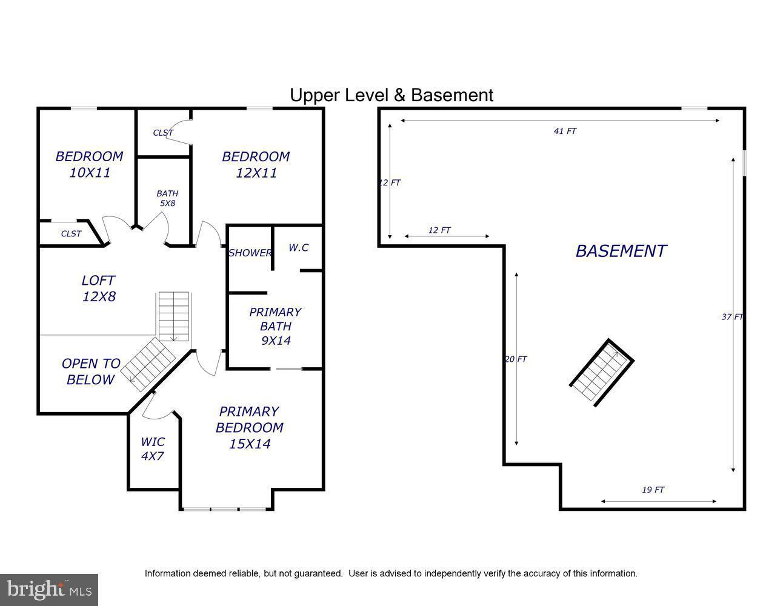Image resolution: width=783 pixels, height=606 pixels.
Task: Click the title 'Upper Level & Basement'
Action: pyautogui.click(x=391, y=95)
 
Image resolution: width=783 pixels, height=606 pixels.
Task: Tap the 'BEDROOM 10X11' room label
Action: pyautogui.click(x=89, y=164)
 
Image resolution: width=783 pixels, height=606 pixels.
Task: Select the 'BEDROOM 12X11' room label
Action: pyautogui.click(x=256, y=164)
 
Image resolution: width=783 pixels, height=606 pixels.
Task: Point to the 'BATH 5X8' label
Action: pyautogui.click(x=167, y=198)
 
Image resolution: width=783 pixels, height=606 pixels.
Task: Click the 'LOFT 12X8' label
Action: pyautogui.click(x=98, y=288)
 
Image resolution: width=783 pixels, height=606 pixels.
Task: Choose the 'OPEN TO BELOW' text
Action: pyautogui.click(x=91, y=371)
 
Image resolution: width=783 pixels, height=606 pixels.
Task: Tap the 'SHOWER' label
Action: pyautogui.click(x=250, y=253)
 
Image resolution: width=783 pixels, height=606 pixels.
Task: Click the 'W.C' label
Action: pyautogui.click(x=298, y=247)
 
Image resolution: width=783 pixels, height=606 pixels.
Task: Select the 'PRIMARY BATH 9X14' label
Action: pyautogui.click(x=275, y=326)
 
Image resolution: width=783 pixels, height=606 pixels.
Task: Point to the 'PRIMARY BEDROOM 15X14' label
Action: pyautogui.click(x=249, y=427)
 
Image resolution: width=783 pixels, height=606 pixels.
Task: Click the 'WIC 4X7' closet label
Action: pyautogui.click(x=152, y=449)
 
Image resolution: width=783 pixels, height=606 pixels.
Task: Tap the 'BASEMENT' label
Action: pyautogui.click(x=621, y=251)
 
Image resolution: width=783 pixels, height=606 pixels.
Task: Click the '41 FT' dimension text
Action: pyautogui.click(x=565, y=131)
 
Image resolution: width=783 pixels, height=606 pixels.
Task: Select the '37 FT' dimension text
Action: pyautogui.click(x=732, y=316)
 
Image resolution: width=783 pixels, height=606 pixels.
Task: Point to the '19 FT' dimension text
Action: pyautogui.click(x=653, y=490)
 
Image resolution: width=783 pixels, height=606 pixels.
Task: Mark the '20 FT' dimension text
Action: pyautogui.click(x=516, y=359)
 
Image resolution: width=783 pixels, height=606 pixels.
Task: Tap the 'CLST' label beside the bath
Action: pyautogui.click(x=163, y=133)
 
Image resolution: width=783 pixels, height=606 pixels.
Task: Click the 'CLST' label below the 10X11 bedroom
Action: pyautogui.click(x=71, y=233)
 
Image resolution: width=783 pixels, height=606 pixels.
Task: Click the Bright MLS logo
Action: pyautogui.click(x=48, y=589)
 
